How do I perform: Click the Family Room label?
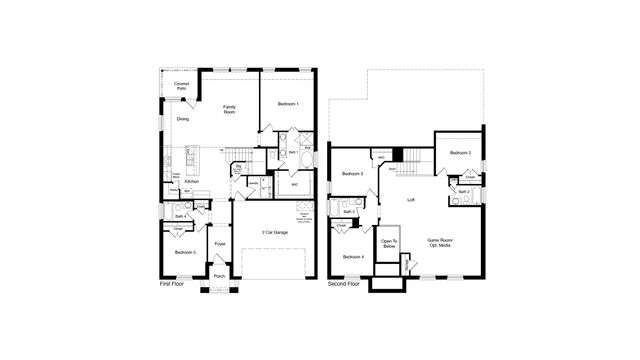229,109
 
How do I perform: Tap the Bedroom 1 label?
288,104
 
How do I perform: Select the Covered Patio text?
181,87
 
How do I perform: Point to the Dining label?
183,120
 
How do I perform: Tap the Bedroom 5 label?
184,252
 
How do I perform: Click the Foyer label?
220,244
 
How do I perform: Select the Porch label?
219,276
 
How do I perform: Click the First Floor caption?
173,285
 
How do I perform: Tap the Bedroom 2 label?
460,153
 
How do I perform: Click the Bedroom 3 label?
352,174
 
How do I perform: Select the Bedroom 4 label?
353,258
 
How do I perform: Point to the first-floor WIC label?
294,184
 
